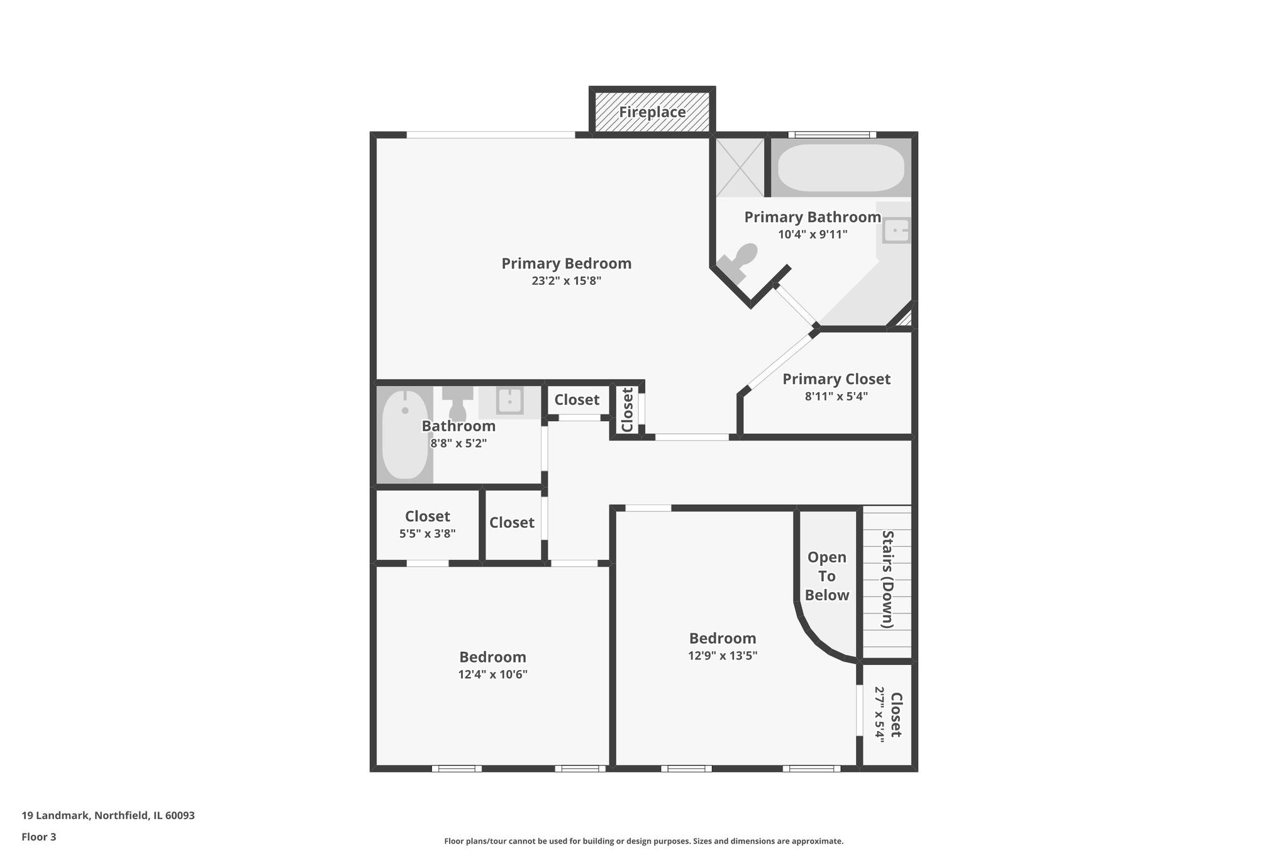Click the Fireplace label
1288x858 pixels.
[x=652, y=113]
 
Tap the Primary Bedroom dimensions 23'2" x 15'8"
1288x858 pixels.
[x=566, y=281]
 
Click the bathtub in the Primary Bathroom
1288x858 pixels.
[x=841, y=168]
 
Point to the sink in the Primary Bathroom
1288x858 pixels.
[x=896, y=230]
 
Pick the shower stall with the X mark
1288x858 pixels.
[x=740, y=167]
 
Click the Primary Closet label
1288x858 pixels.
[x=836, y=379]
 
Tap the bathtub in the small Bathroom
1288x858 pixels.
[x=404, y=434]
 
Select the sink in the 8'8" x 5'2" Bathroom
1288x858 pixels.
[x=509, y=401]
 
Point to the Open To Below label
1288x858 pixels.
[x=826, y=576]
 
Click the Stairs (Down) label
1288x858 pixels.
[x=887, y=579]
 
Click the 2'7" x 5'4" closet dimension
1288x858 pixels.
[x=880, y=715]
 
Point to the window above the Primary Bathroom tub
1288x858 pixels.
[x=831, y=135]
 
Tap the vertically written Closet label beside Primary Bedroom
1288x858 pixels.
[x=627, y=410]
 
